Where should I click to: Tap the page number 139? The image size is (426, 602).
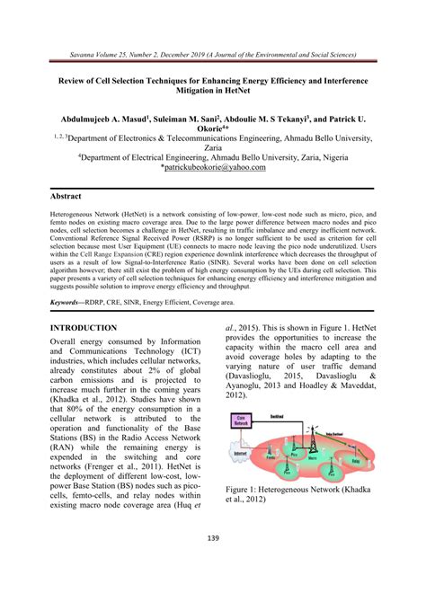point(213,563)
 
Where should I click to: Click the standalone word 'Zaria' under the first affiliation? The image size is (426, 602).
point(213,154)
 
